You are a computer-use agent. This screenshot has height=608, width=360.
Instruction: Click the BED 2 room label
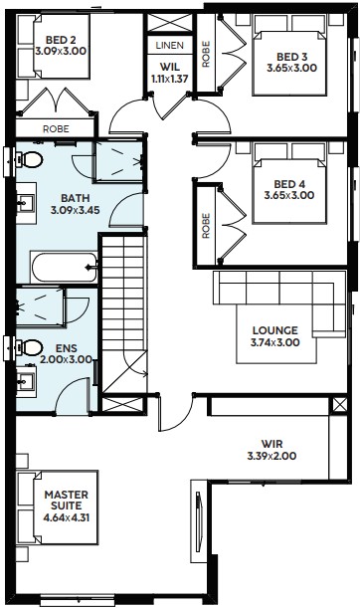pyautogui.click(x=61, y=40)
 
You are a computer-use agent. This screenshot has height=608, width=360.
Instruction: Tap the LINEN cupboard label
pyautogui.click(x=170, y=46)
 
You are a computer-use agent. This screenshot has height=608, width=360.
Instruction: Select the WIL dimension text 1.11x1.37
pyautogui.click(x=170, y=79)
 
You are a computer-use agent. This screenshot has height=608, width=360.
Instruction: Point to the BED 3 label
pyautogui.click(x=291, y=57)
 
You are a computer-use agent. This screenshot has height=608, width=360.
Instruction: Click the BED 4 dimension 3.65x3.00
pyautogui.click(x=289, y=195)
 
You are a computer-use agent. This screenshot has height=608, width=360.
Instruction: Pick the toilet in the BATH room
pyautogui.click(x=28, y=159)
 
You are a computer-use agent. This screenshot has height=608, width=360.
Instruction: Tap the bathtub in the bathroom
pyautogui.click(x=64, y=267)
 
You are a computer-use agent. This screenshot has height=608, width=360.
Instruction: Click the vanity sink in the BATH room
pyautogui.click(x=26, y=203)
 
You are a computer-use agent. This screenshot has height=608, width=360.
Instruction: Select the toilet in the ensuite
pyautogui.click(x=28, y=347)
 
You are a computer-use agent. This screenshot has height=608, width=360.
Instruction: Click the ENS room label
pyautogui.click(x=67, y=348)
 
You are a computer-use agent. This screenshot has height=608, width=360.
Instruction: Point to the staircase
pyautogui.click(x=124, y=313)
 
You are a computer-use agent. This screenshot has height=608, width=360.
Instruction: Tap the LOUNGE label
pyautogui.click(x=275, y=330)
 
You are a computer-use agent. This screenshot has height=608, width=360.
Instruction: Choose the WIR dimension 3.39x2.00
pyautogui.click(x=272, y=456)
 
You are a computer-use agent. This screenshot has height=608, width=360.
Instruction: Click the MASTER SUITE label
pyautogui.click(x=67, y=500)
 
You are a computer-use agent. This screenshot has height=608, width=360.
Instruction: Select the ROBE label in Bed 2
pyautogui.click(x=57, y=128)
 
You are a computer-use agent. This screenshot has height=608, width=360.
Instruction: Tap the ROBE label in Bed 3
pyautogui.click(x=206, y=55)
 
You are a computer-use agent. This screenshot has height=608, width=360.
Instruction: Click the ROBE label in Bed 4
pyautogui.click(x=206, y=226)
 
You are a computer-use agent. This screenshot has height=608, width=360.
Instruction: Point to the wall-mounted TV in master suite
pyautogui.click(x=199, y=521)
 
